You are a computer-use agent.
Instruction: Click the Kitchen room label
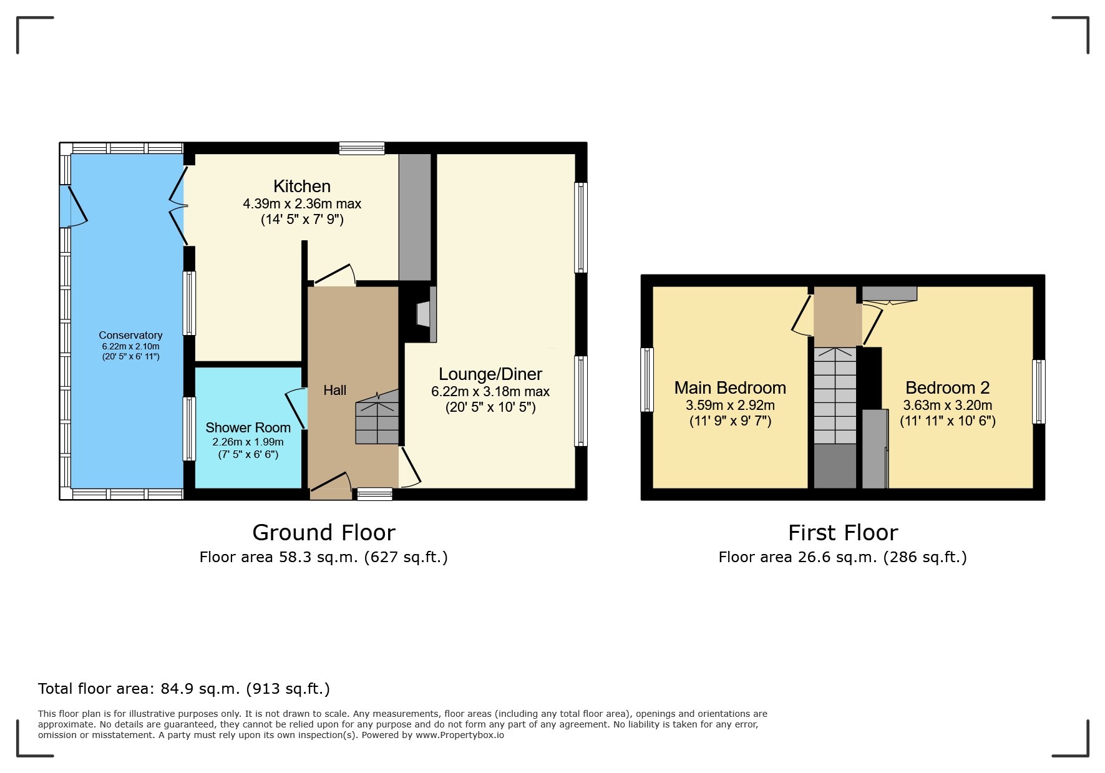pos(302,187)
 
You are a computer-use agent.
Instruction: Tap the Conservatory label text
pos(130,336)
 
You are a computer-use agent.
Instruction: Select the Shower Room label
pos(248,428)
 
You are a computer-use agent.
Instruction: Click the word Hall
pos(334,391)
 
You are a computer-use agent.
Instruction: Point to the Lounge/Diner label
pos(490,374)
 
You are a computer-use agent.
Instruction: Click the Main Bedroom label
pos(730,388)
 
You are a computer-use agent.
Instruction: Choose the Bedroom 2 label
pos(947,388)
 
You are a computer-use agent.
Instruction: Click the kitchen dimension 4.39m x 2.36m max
pos(302,204)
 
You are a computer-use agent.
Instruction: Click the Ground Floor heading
pos(324,533)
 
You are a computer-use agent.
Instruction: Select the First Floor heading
pos(842,533)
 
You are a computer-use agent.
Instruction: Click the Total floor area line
pos(184,689)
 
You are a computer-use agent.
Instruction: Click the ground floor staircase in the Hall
pos(377,419)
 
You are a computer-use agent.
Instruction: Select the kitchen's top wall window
pos(362,148)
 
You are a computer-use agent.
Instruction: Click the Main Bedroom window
pos(647,380)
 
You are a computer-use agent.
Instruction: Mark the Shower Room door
pos(296,409)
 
